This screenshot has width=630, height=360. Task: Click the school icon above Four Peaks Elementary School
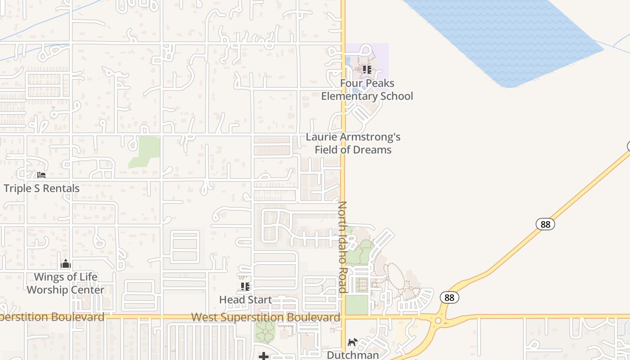tap(367, 70)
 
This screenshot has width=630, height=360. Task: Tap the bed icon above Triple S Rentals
tap(41, 175)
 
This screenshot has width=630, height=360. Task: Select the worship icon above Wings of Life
tap(66, 264)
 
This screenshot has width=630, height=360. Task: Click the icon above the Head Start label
tap(245, 287)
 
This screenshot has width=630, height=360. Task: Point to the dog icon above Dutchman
tap(353, 342)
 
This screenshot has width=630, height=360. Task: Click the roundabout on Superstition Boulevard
tap(438, 320)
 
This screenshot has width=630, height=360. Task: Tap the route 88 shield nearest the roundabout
tap(449, 297)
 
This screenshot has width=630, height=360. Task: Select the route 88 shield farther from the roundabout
tap(545, 224)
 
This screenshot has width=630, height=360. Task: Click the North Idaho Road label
tap(342, 247)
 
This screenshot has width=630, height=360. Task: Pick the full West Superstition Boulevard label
tap(265, 317)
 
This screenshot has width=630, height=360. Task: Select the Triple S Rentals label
tap(41, 188)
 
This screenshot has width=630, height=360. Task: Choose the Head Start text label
tap(245, 300)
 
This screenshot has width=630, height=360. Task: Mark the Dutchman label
tap(353, 355)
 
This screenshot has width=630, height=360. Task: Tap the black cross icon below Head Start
tap(264, 356)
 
